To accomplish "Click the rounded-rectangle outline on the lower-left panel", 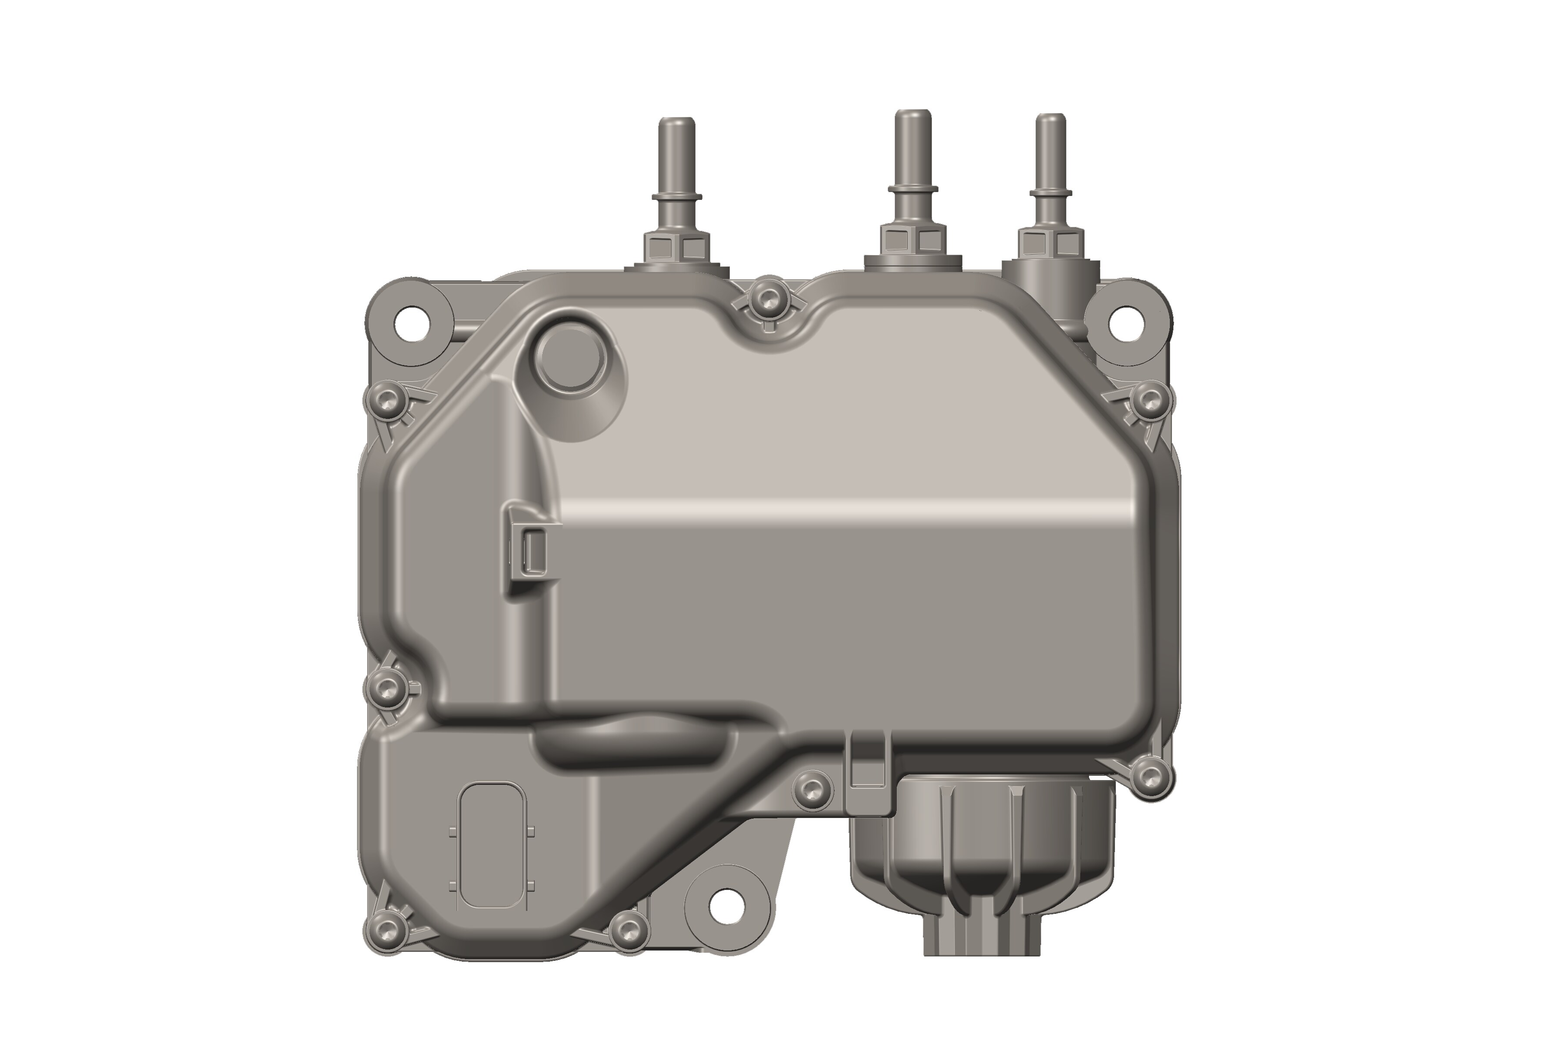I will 493,845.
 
